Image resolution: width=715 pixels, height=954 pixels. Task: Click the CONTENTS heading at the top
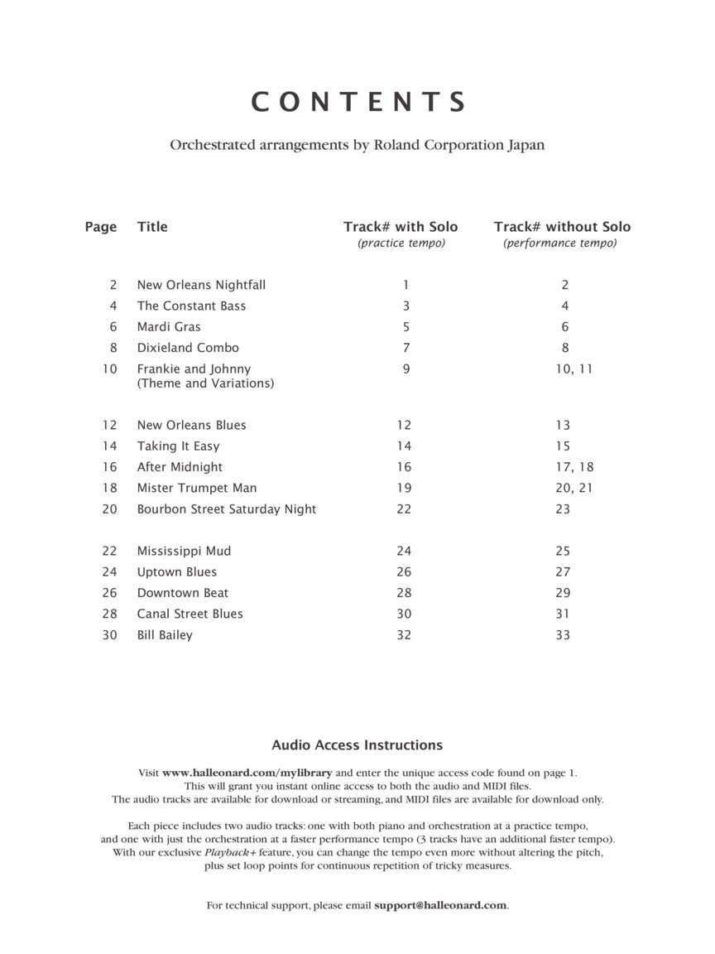coord(357,102)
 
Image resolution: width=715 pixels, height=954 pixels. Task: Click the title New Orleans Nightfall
coord(201,285)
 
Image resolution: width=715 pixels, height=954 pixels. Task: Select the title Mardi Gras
coord(169,327)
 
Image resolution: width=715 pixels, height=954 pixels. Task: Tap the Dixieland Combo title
coord(188,348)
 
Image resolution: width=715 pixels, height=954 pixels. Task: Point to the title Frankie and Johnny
coord(194,369)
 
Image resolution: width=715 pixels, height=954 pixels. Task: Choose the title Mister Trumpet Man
coord(197,488)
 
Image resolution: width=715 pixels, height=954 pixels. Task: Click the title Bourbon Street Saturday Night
coord(227,509)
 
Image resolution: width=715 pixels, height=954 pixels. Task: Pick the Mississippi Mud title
coord(184,551)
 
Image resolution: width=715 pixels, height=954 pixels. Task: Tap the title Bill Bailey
coord(165,635)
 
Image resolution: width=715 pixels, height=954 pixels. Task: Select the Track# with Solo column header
coord(401,227)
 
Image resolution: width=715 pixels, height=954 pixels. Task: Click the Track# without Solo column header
coord(562,227)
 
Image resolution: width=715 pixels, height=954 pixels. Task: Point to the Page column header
coord(101,227)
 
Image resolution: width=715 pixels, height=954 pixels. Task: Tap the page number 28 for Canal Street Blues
coord(110,614)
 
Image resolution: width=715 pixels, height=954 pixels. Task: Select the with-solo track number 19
coord(404,488)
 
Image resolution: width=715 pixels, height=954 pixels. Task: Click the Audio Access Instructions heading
coord(357,745)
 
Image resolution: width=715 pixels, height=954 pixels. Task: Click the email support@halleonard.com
coord(440,906)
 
